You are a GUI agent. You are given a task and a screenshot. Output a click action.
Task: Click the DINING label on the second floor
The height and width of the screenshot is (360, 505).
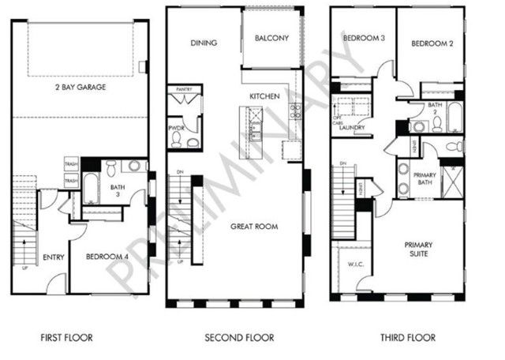tap(204, 43)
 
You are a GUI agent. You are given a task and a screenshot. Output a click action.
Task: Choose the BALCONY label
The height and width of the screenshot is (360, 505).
tap(271, 38)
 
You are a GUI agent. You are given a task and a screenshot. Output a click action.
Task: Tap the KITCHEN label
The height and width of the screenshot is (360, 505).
tap(264, 96)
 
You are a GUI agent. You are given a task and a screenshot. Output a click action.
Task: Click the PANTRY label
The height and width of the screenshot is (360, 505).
tap(185, 91)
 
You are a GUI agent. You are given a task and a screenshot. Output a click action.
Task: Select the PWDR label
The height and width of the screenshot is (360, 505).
tap(176, 127)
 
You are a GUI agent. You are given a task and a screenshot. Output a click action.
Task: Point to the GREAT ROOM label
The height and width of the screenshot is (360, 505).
tap(252, 226)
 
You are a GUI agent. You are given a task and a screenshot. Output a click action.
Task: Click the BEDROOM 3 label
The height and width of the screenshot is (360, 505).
tap(361, 39)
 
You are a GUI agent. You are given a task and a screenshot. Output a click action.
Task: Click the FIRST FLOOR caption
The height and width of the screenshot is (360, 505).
tap(66, 338)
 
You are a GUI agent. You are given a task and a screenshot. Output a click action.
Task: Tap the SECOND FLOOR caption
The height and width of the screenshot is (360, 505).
tap(239, 338)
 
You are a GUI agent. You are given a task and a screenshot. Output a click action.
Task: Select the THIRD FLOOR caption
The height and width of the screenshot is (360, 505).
tap(408, 338)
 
